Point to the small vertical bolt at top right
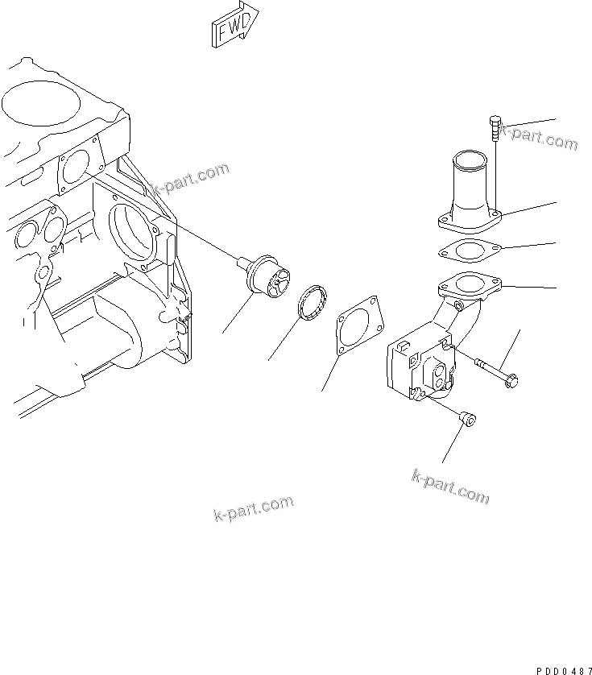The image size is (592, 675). coord(495,129)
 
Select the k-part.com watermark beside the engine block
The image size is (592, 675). coord(191,180)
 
